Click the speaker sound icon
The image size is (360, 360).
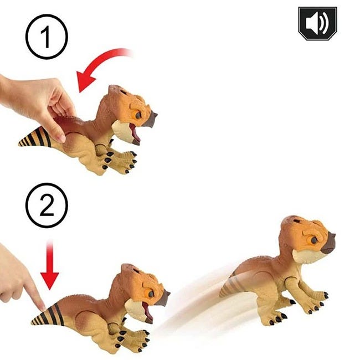(317, 23)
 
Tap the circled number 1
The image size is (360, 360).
(46, 39)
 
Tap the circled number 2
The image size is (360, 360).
(46, 206)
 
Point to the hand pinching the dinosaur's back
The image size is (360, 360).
(39, 102)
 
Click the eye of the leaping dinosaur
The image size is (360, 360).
(313, 240)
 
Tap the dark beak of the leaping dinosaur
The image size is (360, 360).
(328, 243)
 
